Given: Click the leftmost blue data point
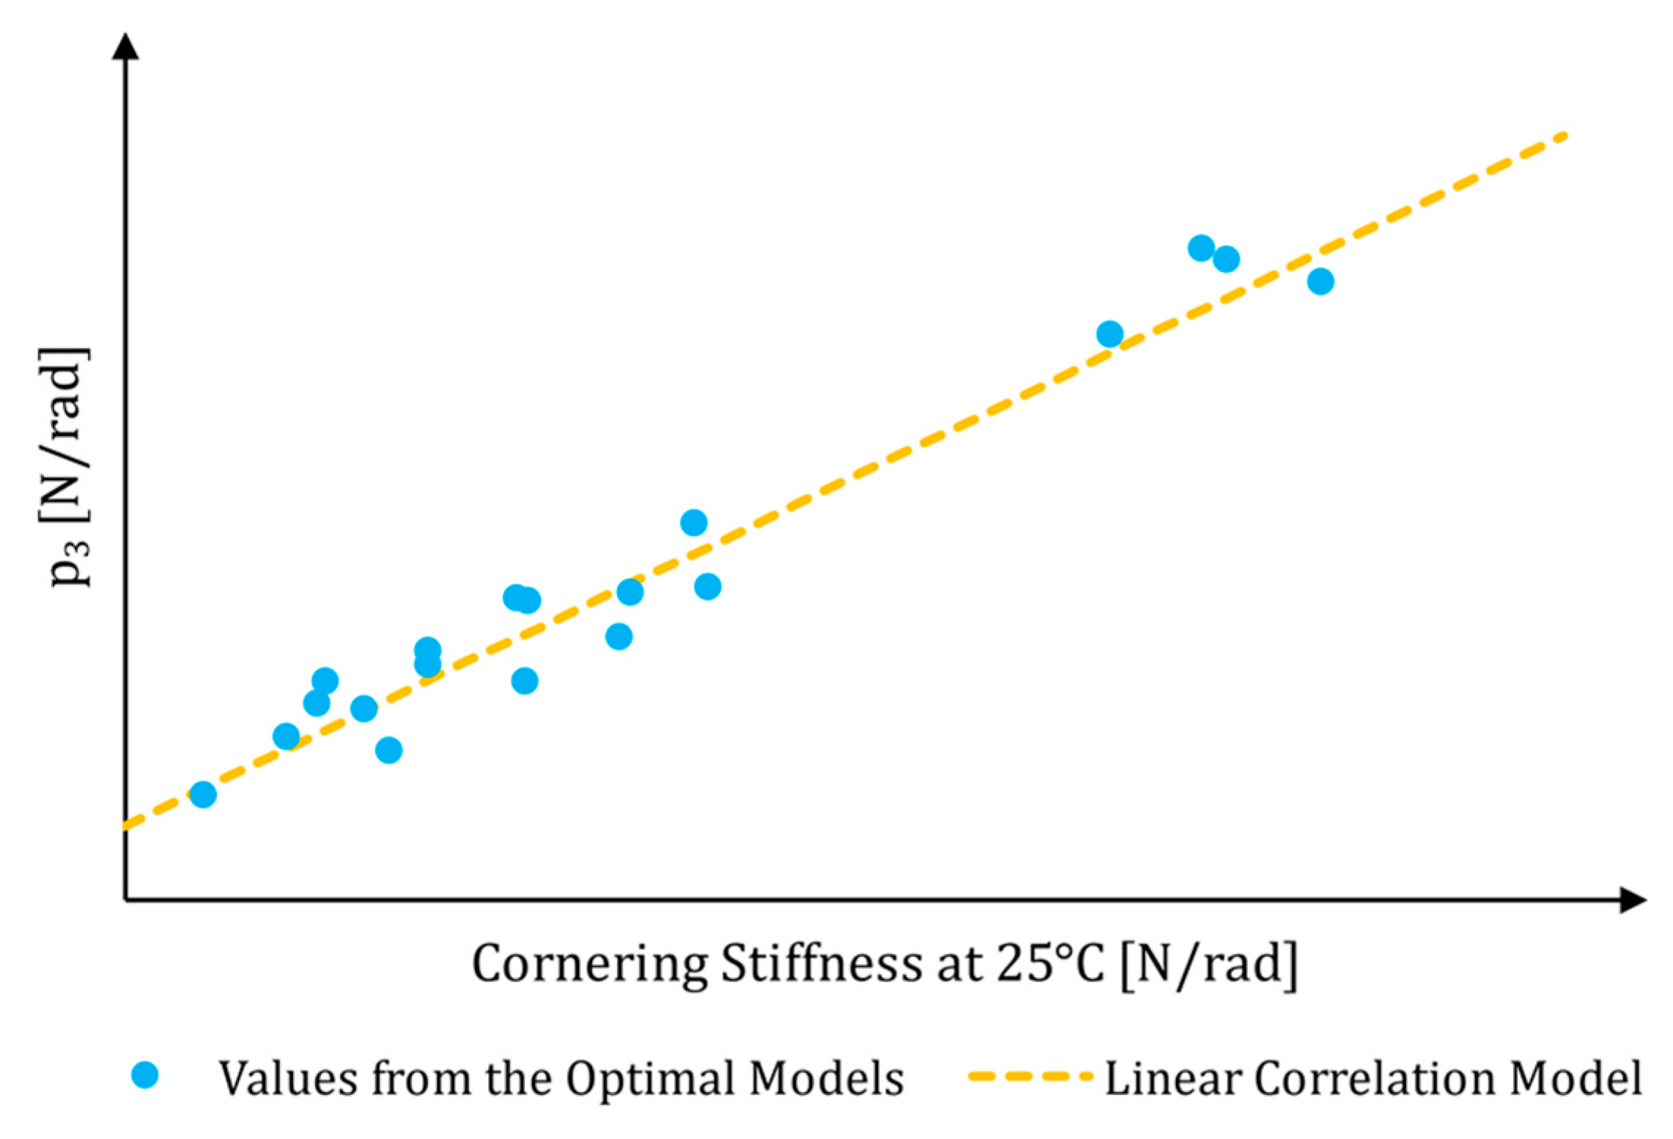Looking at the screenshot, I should [x=203, y=795].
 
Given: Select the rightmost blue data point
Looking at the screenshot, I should [x=1321, y=281].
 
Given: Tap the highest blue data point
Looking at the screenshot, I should [x=1201, y=248].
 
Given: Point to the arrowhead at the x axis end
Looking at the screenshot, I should [x=1633, y=899].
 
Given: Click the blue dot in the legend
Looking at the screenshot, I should [x=145, y=1075].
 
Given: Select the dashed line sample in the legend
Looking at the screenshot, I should [x=1029, y=1076].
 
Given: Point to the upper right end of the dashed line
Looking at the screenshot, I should [x=1562, y=136].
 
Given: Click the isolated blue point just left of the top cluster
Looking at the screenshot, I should [x=1110, y=334].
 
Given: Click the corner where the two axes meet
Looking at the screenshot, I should [x=125, y=899].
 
